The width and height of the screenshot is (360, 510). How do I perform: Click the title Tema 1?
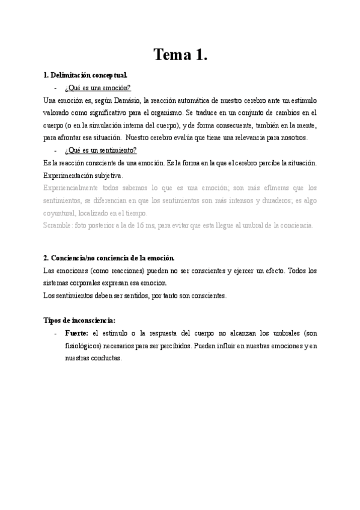point(180,55)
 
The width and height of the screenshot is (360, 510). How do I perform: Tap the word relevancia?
point(232,138)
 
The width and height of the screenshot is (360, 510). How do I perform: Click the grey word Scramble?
point(58,226)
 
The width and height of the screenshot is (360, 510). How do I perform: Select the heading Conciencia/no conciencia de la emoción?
point(109,258)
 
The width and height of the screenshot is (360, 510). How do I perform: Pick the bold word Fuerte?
point(76,333)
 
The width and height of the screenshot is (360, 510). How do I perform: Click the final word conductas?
point(106,358)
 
